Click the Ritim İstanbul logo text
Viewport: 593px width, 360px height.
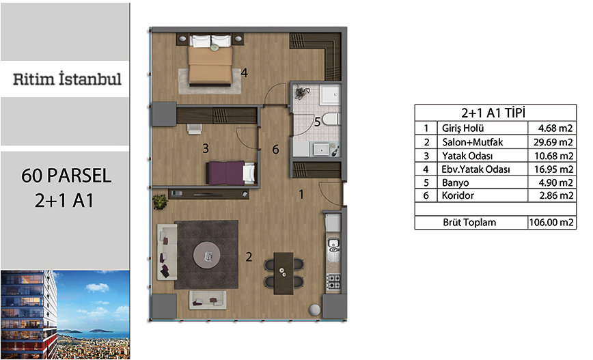(x=68, y=79)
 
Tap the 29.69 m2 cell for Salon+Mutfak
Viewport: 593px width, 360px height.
(x=553, y=142)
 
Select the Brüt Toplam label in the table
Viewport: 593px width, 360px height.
(x=469, y=223)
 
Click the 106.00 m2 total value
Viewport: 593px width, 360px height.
(x=551, y=223)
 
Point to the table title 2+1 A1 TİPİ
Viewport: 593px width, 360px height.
(x=493, y=113)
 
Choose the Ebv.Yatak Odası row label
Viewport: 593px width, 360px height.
(x=475, y=169)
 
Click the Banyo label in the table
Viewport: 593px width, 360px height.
(x=455, y=182)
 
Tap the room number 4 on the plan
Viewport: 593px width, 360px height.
(x=245, y=72)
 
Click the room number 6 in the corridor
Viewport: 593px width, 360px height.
(x=275, y=150)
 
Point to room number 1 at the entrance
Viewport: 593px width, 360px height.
(x=301, y=195)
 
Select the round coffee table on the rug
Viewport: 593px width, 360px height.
(x=207, y=255)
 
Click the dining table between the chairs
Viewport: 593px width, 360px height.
(x=284, y=273)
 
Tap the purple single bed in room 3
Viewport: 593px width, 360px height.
(x=232, y=173)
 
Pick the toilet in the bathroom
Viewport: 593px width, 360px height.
(x=331, y=119)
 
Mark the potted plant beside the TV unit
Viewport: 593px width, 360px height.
(x=160, y=202)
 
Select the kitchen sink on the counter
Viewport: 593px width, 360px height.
(x=333, y=249)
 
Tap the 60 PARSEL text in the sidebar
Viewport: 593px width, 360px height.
(x=66, y=176)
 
